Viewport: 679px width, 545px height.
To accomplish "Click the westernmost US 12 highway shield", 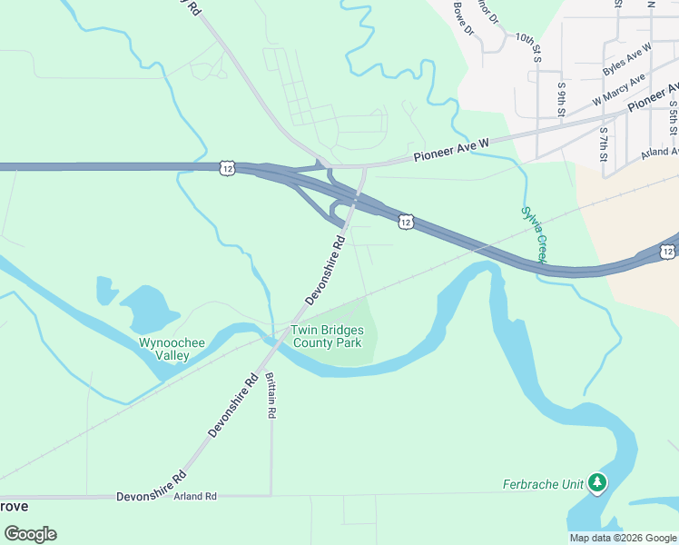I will coord(227,167).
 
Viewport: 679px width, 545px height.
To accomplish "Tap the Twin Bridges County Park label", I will coord(326,336).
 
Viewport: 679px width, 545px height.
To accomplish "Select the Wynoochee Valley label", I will coord(163,349).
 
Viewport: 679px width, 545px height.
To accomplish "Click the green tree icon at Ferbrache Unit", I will coord(597,482).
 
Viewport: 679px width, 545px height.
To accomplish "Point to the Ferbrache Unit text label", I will coord(543,484).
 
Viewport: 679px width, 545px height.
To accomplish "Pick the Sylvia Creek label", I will coord(534,234).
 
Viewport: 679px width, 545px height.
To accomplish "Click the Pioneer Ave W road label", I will coord(451,150).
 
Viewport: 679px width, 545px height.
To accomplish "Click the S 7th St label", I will coord(604,144).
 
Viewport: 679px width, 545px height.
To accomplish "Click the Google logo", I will coord(30,534).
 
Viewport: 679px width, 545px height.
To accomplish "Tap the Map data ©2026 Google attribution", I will coord(622,538).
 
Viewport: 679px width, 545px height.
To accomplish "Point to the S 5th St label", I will coord(674,115).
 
